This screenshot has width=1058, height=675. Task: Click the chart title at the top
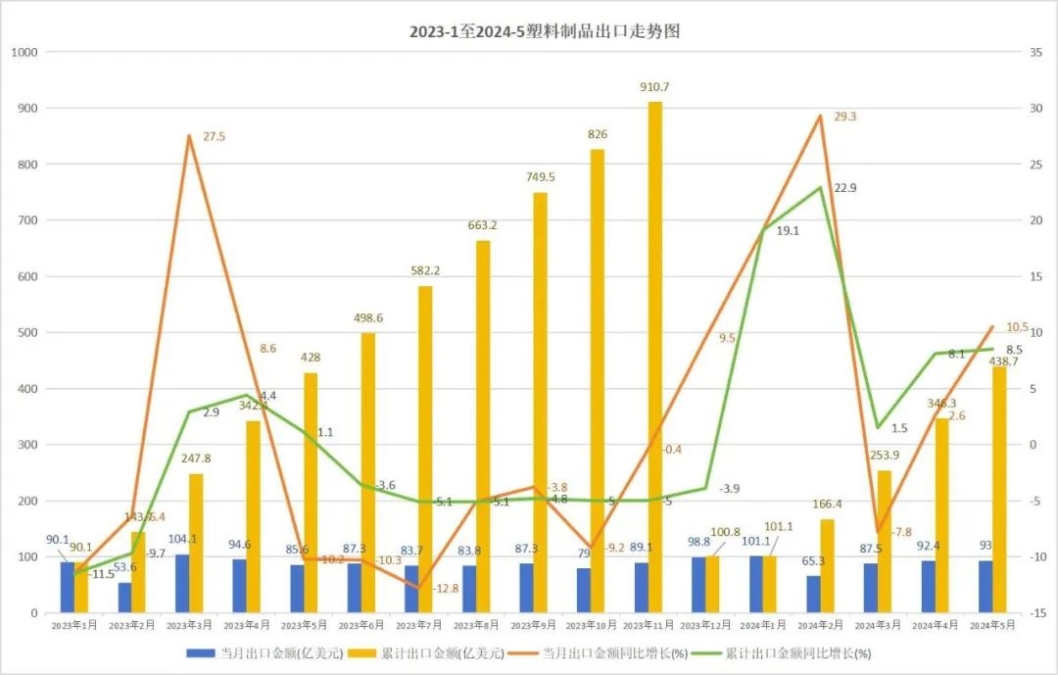click(544, 31)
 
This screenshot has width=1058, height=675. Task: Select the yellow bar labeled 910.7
click(654, 358)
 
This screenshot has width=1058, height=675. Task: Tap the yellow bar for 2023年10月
click(598, 381)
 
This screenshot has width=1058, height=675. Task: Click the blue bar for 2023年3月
click(182, 584)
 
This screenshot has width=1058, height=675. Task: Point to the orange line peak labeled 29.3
click(819, 116)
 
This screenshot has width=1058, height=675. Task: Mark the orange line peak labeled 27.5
click(188, 135)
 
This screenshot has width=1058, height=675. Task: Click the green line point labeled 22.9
click(819, 187)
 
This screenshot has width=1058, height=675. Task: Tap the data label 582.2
click(425, 270)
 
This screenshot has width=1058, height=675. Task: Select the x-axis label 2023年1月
click(75, 624)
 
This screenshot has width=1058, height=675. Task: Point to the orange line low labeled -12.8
click(419, 588)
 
